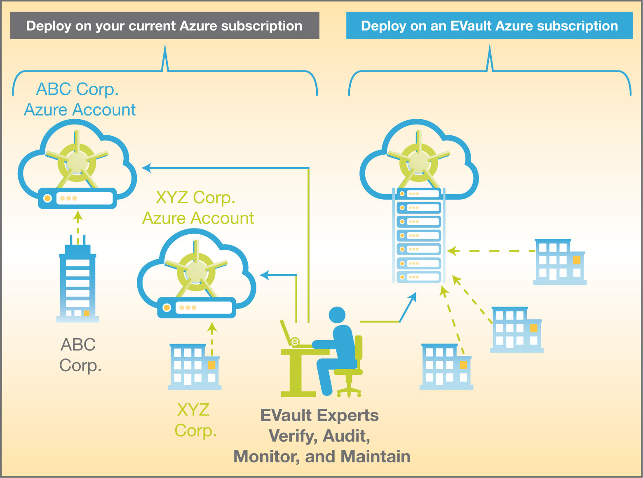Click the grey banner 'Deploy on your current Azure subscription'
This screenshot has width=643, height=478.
point(164,26)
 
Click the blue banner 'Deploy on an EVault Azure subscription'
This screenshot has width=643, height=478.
point(489,26)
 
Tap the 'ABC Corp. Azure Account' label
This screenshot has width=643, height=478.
point(79,99)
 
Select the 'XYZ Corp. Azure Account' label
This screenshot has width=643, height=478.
point(197,208)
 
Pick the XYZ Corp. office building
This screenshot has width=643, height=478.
point(194,367)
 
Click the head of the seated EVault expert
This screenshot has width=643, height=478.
point(337,315)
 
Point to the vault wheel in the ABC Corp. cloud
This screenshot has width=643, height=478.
point(77,162)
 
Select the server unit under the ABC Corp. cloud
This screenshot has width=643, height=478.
point(77,198)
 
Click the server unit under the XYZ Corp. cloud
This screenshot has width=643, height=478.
point(197,308)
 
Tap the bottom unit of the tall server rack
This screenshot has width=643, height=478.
point(419,277)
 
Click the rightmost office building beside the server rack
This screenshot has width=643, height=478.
point(559,262)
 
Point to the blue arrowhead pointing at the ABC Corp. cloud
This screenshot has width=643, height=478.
point(146,168)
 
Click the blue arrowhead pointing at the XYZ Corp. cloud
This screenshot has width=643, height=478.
point(265,275)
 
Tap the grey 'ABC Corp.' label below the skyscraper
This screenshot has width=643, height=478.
point(80,355)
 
